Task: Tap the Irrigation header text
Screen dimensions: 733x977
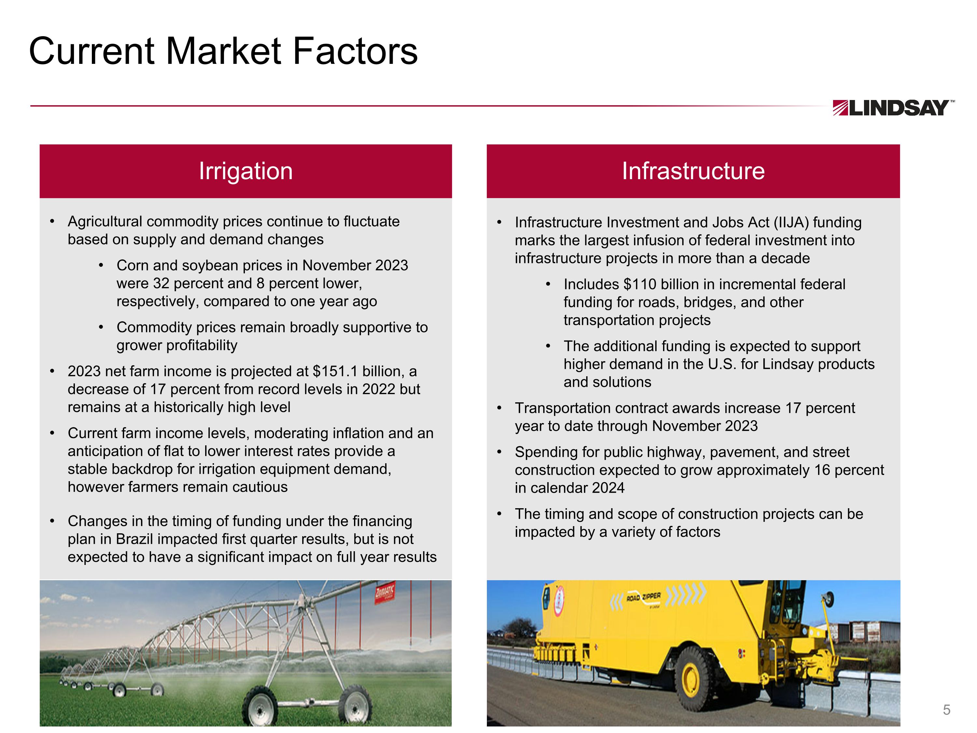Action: coord(246,171)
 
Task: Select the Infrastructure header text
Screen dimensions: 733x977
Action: coord(693,171)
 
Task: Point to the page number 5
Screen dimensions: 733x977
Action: coord(946,710)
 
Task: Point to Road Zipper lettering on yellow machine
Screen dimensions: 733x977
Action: coord(644,598)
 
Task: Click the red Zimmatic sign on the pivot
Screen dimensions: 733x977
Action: coord(385,593)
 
